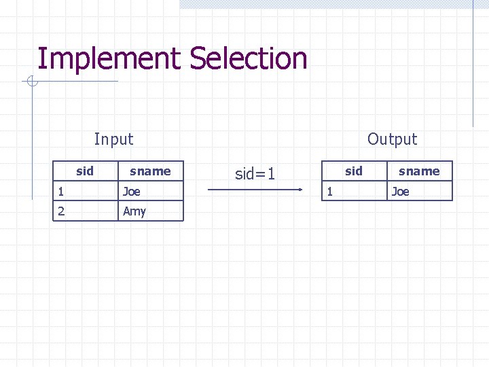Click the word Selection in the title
249,58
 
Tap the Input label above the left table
113,139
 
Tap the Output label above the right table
392,139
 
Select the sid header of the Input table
85,171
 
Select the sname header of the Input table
150,171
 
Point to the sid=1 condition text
255,174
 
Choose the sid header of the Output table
354,171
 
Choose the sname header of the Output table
419,171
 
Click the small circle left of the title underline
31,82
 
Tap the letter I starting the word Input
96,139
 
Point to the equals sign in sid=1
260,175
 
